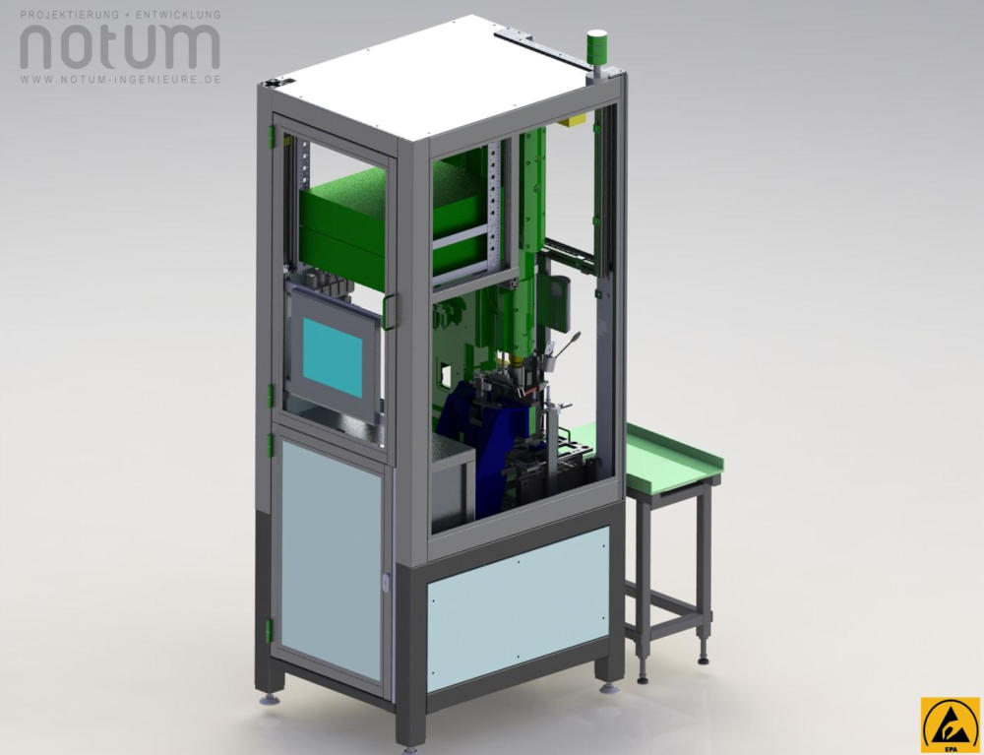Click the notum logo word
click(120, 46)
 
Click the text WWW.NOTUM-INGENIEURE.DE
click(120, 80)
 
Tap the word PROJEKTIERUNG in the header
click(69, 14)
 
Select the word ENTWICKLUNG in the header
click(177, 14)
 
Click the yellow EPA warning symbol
click(951, 724)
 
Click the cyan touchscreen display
click(333, 357)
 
